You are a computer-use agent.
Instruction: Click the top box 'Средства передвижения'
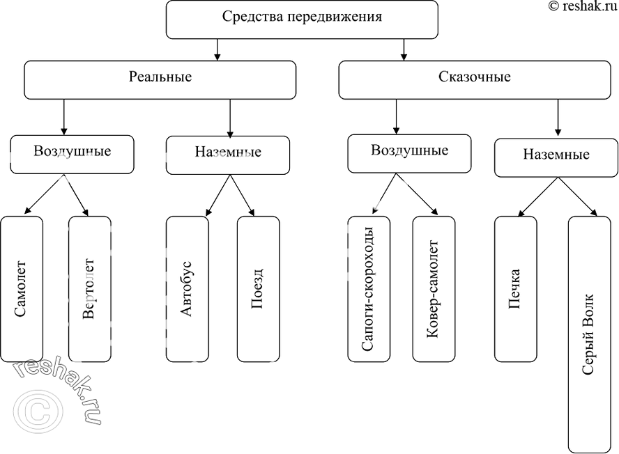tap(302, 19)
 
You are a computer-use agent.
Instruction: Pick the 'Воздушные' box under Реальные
tap(71, 153)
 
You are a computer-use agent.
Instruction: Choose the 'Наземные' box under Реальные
tap(227, 153)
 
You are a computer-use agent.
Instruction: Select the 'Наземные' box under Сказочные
tap(556, 157)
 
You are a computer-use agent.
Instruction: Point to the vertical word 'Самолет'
tap(21, 288)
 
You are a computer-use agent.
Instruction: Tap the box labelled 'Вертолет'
tap(89, 289)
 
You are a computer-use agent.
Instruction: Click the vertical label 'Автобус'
tap(186, 288)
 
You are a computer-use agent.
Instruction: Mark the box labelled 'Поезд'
tap(258, 288)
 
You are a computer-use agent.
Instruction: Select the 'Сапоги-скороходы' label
tap(368, 288)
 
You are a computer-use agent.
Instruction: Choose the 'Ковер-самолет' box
tap(433, 288)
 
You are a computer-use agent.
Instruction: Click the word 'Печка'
tap(515, 288)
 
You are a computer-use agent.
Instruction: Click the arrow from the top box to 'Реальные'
tap(218, 49)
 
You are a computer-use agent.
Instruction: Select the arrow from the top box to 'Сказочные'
tap(404, 49)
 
